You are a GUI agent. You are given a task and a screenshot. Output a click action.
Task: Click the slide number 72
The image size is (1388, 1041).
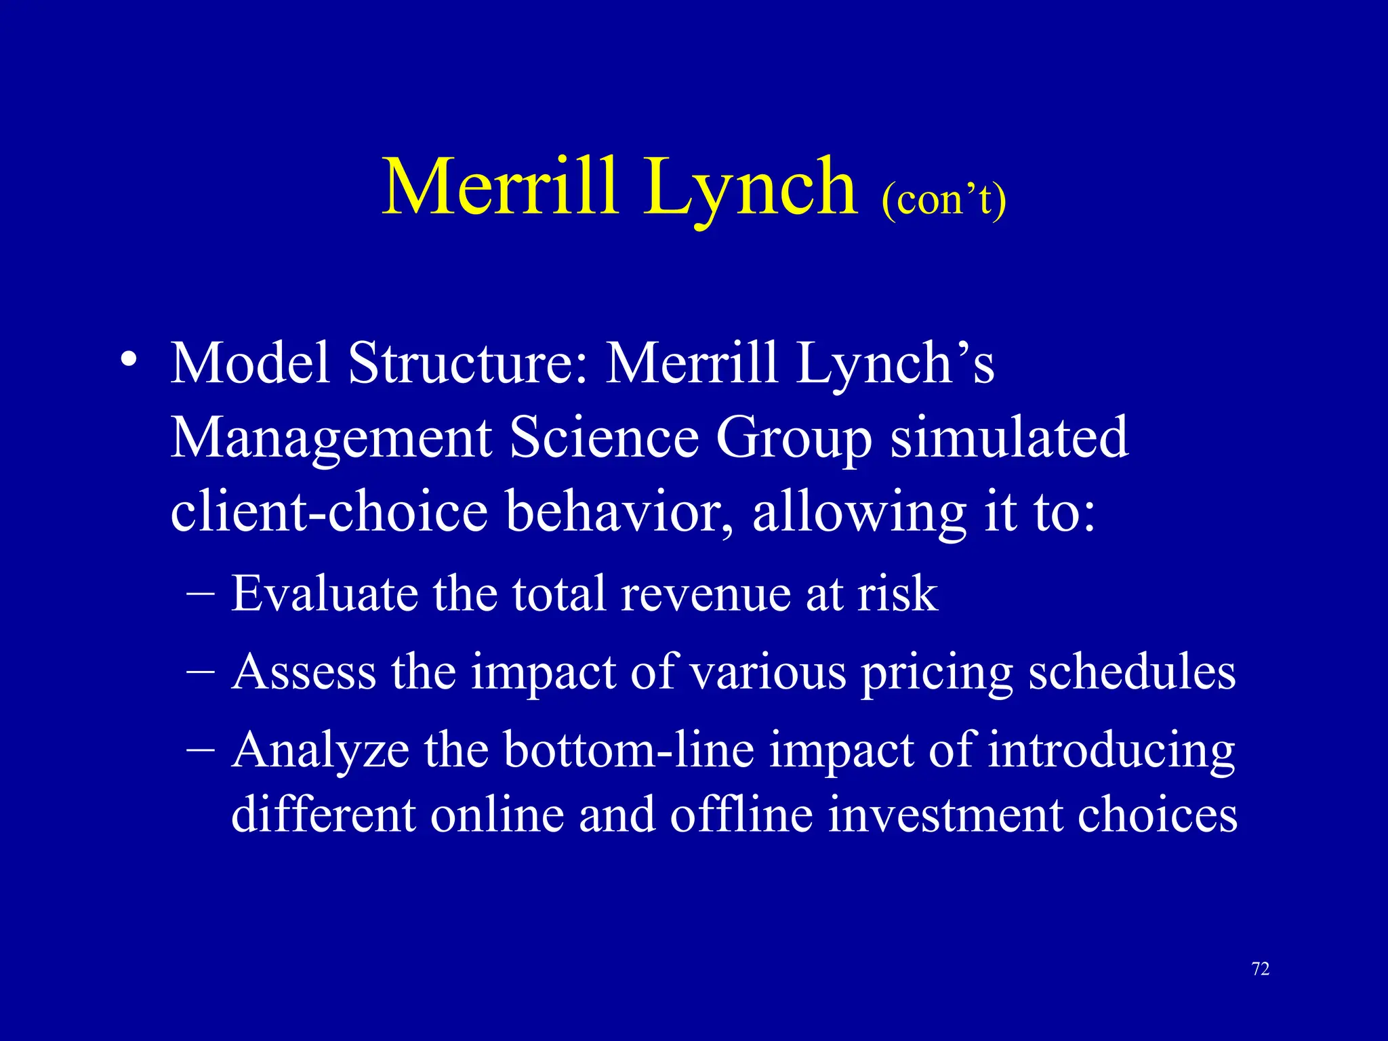point(1261,969)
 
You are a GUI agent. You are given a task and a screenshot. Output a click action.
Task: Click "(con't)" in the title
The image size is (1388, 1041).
point(943,201)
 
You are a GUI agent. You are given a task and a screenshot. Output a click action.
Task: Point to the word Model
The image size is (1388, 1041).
point(250,363)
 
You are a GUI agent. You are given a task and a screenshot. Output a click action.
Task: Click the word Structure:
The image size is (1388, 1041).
point(468,363)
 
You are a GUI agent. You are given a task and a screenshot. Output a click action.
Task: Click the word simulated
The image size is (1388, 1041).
point(1009,437)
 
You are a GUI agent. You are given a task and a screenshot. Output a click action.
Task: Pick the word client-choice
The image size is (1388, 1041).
point(329,511)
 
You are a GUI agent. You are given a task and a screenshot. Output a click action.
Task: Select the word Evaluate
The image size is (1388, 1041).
point(325,594)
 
